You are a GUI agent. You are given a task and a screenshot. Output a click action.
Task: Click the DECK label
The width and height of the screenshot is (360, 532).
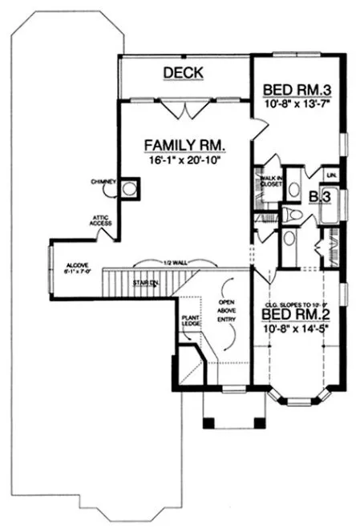[183, 73]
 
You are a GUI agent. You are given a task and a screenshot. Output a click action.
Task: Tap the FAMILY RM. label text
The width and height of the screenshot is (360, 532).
[184, 145]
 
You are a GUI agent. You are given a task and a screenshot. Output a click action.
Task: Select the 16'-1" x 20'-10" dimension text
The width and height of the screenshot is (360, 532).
[184, 160]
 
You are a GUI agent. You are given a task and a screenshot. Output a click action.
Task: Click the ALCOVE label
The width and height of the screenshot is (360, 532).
[78, 266]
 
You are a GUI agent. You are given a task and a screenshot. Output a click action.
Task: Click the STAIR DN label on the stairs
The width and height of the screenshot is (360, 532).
[146, 283]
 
